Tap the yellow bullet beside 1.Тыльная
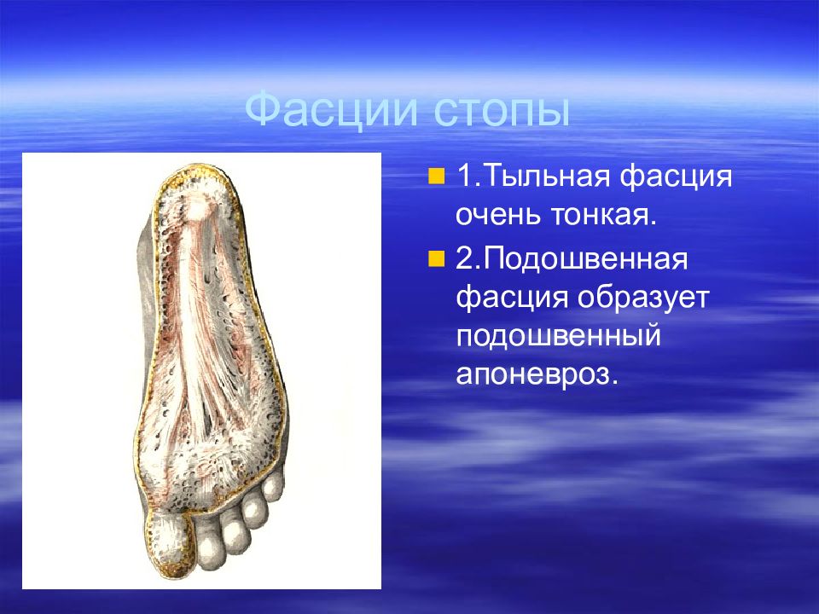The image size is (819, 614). (436, 177)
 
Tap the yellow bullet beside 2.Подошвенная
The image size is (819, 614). (436, 258)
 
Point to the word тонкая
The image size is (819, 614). (604, 215)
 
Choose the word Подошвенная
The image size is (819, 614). (585, 258)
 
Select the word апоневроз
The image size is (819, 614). (537, 374)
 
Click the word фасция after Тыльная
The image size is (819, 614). (676, 177)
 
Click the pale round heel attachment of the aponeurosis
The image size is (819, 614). (197, 210)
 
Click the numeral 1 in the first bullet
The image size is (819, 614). (464, 177)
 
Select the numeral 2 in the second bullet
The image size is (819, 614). (464, 258)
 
